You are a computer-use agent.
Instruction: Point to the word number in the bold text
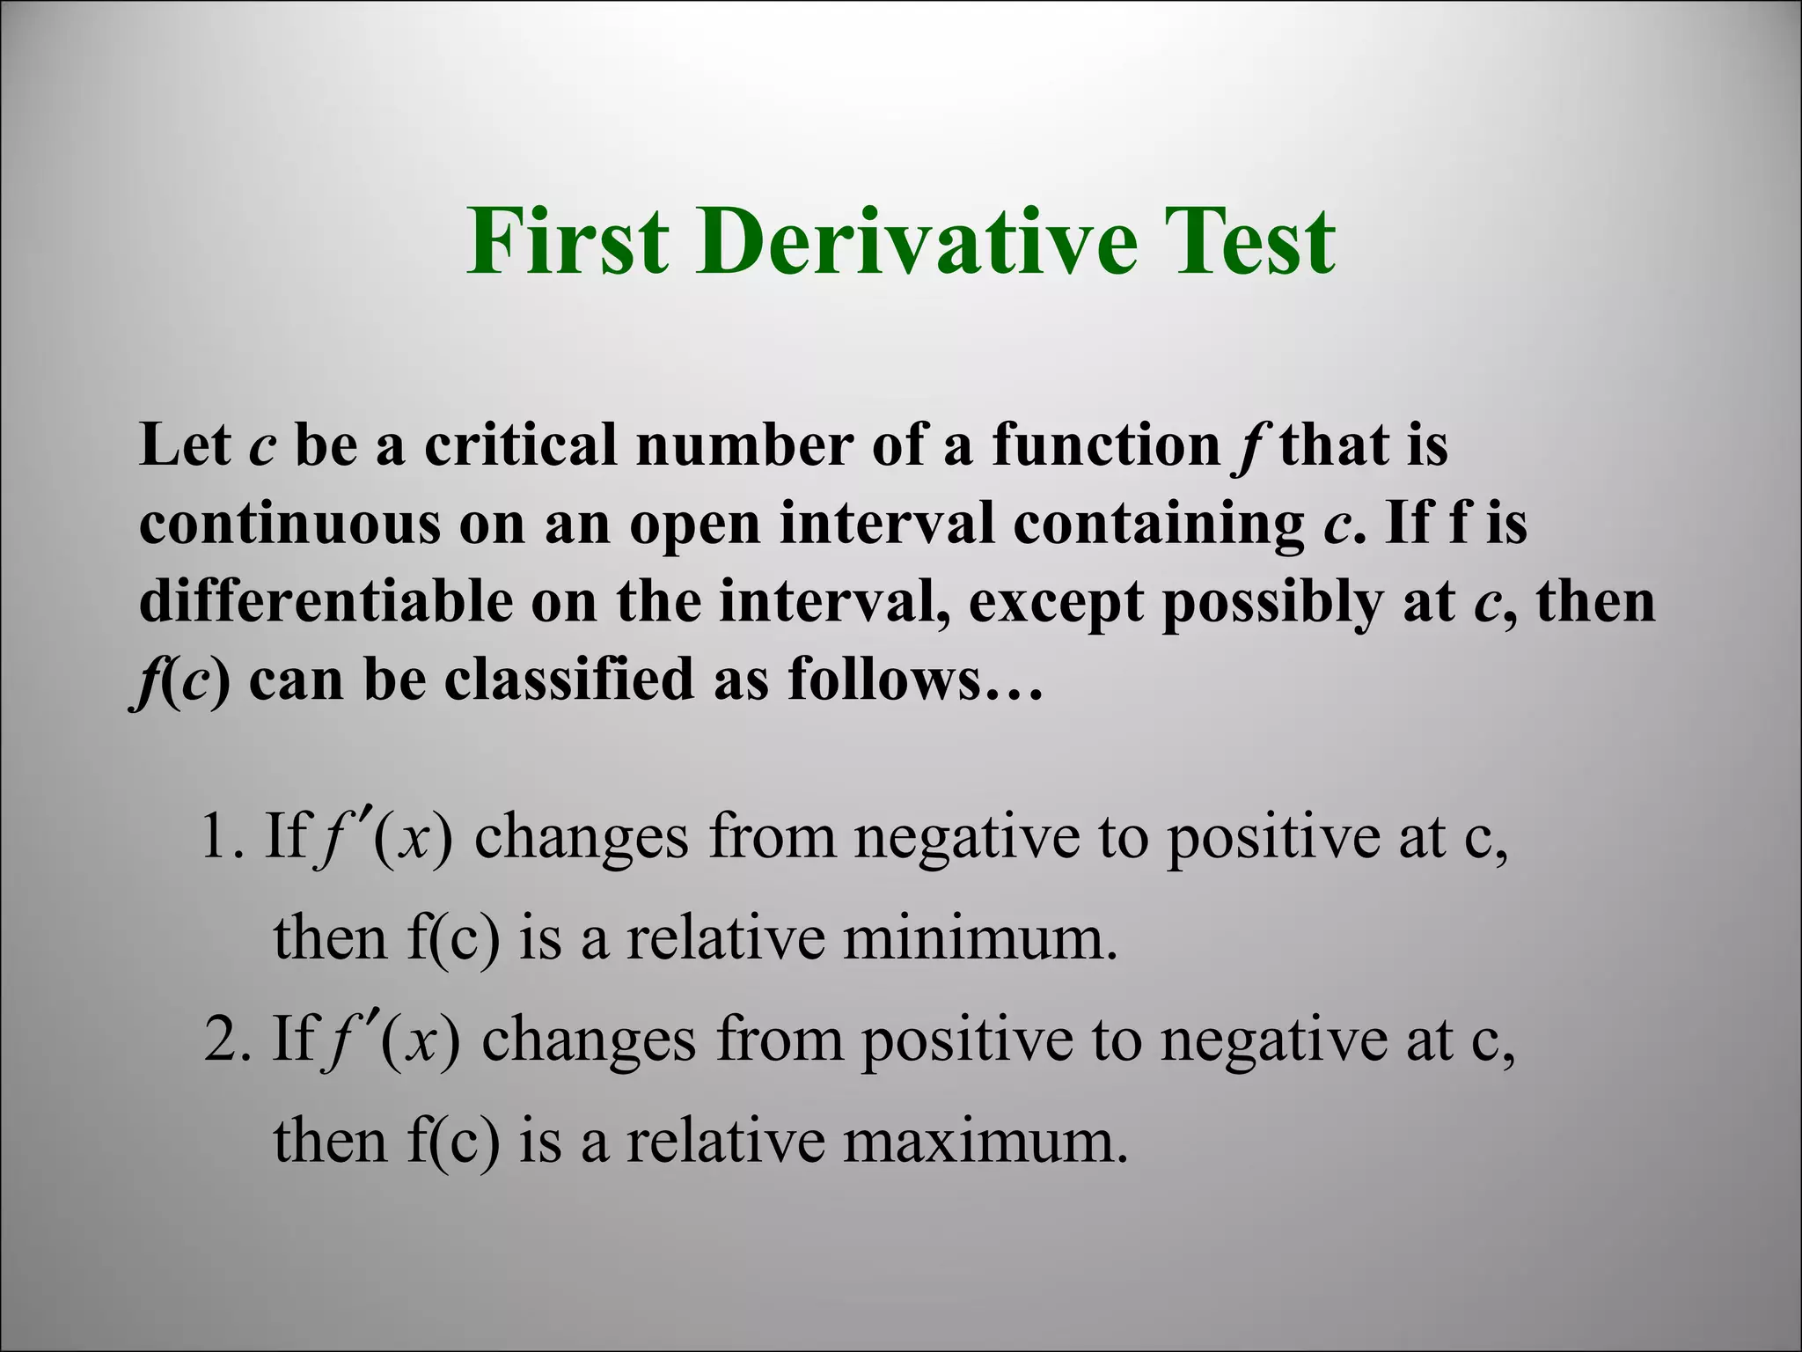(744, 444)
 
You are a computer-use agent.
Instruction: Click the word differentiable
(326, 601)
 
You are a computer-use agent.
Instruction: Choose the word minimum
(979, 938)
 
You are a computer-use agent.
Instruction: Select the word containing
(1158, 523)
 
